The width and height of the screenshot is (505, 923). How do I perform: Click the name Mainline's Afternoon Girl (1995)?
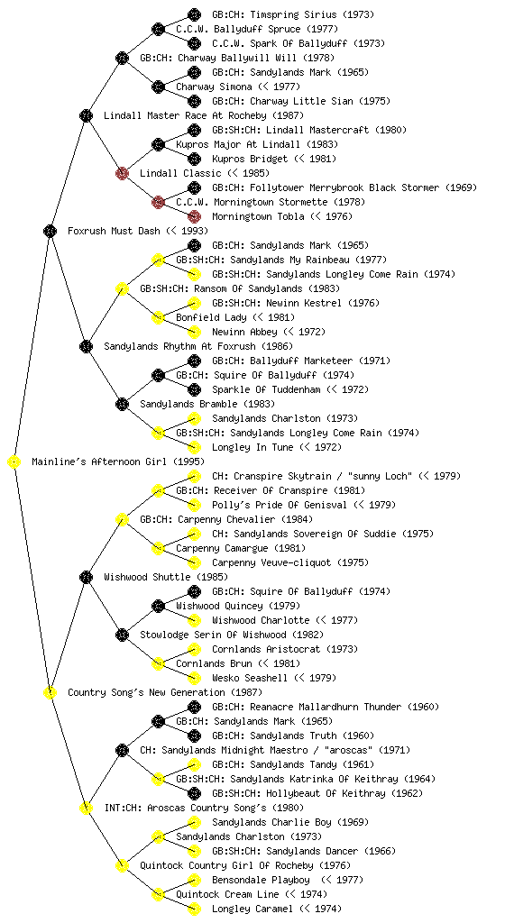(118, 461)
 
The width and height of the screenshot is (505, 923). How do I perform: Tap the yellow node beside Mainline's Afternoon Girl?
(14, 461)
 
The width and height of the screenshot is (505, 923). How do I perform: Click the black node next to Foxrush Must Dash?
(50, 231)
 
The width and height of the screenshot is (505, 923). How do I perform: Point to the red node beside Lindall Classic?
(122, 173)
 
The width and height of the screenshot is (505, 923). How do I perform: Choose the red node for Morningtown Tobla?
(194, 216)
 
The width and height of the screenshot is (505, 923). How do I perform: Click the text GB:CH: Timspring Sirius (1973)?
(293, 14)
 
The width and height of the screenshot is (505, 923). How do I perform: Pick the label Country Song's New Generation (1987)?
(165, 692)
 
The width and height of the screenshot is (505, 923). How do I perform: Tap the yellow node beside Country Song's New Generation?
(50, 692)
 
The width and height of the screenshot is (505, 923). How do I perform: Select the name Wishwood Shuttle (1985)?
(166, 577)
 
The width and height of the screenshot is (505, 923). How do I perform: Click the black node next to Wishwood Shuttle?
(86, 577)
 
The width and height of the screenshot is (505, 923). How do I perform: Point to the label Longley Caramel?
(252, 909)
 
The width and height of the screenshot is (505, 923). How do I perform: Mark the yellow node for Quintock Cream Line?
(158, 894)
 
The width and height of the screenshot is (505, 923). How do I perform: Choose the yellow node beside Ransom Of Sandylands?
(122, 288)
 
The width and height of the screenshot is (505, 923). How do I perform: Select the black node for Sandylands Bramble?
(122, 404)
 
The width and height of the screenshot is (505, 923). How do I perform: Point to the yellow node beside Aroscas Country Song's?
(86, 808)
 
